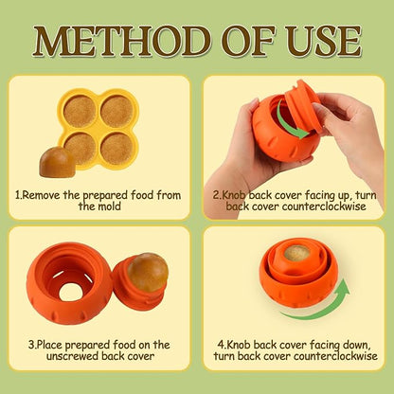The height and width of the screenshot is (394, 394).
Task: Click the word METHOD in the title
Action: tap(122, 42)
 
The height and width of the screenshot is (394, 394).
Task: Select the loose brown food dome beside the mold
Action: tap(57, 162)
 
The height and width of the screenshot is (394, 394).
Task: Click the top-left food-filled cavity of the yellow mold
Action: tap(80, 112)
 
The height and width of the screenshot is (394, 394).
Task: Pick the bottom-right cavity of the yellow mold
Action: tap(117, 149)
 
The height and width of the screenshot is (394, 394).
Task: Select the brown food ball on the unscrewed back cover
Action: tap(148, 272)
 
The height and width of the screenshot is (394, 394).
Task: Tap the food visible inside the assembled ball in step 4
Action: tap(296, 253)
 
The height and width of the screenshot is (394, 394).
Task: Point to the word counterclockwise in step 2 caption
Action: tap(324, 206)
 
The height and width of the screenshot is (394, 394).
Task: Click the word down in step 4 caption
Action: tap(355, 345)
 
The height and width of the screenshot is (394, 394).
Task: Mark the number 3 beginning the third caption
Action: tap(31, 345)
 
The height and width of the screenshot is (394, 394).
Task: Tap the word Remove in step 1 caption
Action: tap(42, 195)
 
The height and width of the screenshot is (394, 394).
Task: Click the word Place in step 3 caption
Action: tap(50, 345)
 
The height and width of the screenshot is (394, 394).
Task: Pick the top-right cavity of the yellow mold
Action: tap(116, 112)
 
